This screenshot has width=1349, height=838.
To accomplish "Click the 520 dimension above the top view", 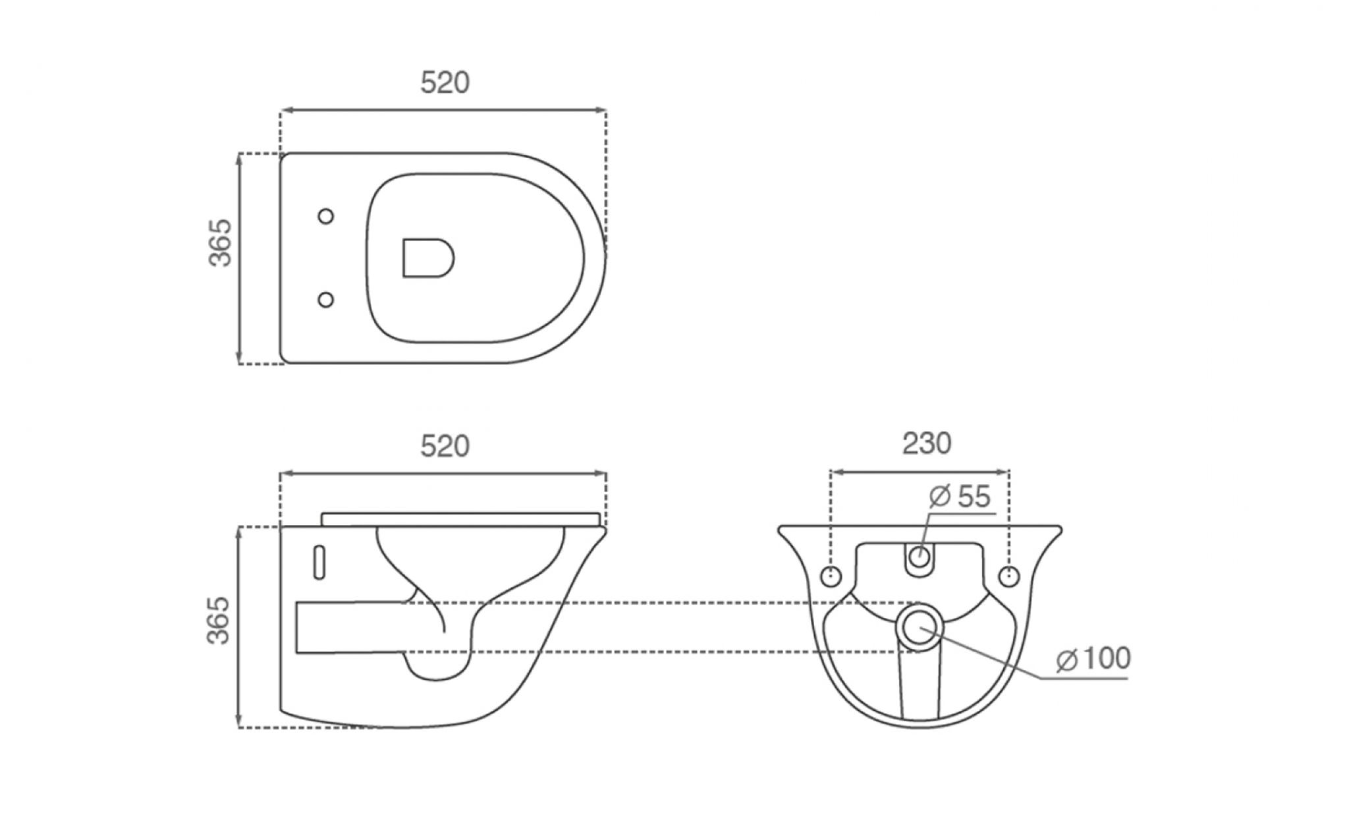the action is coord(445,83).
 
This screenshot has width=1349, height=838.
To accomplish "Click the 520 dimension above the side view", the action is coord(445,446).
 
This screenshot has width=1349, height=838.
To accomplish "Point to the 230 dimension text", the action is coord(927,443).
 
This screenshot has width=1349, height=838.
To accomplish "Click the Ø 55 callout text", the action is coord(960,496).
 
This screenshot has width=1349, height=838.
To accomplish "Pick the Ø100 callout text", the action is coord(1093,658).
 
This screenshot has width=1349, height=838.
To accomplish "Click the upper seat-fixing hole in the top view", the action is coord(325,216).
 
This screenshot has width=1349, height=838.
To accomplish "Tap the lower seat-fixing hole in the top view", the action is coord(325,300).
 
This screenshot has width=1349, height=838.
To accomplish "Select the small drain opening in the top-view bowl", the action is coord(427,258).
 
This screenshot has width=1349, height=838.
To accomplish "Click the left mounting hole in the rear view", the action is coord(831,575).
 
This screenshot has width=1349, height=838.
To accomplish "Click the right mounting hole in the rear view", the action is coord(1008,575).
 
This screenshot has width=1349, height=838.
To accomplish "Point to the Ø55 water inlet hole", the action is coord(919,558).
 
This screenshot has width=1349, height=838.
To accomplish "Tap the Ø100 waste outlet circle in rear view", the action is coord(920,626).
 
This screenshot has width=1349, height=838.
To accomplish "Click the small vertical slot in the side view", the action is coord(319,563).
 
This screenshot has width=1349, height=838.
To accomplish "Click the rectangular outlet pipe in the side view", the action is coord(352,627).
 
